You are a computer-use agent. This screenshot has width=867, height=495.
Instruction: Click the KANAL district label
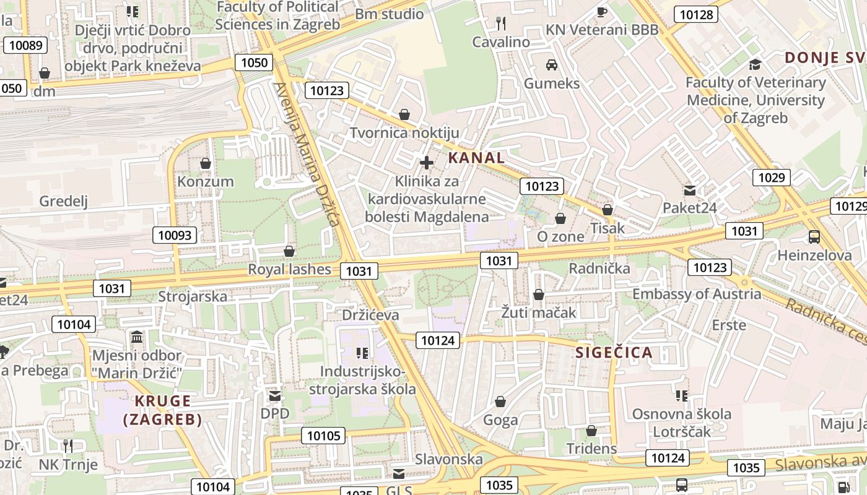(476, 158)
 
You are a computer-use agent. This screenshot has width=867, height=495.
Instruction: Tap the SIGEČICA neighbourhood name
(614, 353)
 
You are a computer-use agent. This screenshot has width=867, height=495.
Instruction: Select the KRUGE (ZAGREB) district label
(162, 410)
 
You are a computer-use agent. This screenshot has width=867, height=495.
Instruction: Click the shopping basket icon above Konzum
(206, 163)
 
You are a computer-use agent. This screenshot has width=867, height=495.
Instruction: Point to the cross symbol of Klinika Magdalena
(426, 163)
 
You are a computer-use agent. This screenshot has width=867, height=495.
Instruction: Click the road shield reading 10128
(696, 15)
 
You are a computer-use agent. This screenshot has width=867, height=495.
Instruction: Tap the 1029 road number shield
(772, 178)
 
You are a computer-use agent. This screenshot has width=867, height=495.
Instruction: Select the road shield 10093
(176, 235)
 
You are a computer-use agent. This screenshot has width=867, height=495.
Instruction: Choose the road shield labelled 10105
(324, 436)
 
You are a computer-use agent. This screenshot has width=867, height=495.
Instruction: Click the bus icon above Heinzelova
(814, 236)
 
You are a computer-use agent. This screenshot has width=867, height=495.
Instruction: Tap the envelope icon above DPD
(275, 395)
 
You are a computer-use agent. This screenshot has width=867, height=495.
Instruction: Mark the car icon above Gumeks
(551, 65)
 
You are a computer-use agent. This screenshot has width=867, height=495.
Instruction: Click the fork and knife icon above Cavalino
(501, 24)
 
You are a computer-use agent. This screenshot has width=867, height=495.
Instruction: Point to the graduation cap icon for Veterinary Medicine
(755, 64)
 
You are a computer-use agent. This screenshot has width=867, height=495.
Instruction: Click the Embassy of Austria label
(696, 294)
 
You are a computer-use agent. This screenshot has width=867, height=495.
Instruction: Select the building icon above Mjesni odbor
(137, 337)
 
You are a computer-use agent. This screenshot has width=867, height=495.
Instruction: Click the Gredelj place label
(64, 201)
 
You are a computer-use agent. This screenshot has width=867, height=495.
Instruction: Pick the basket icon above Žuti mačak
(539, 295)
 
